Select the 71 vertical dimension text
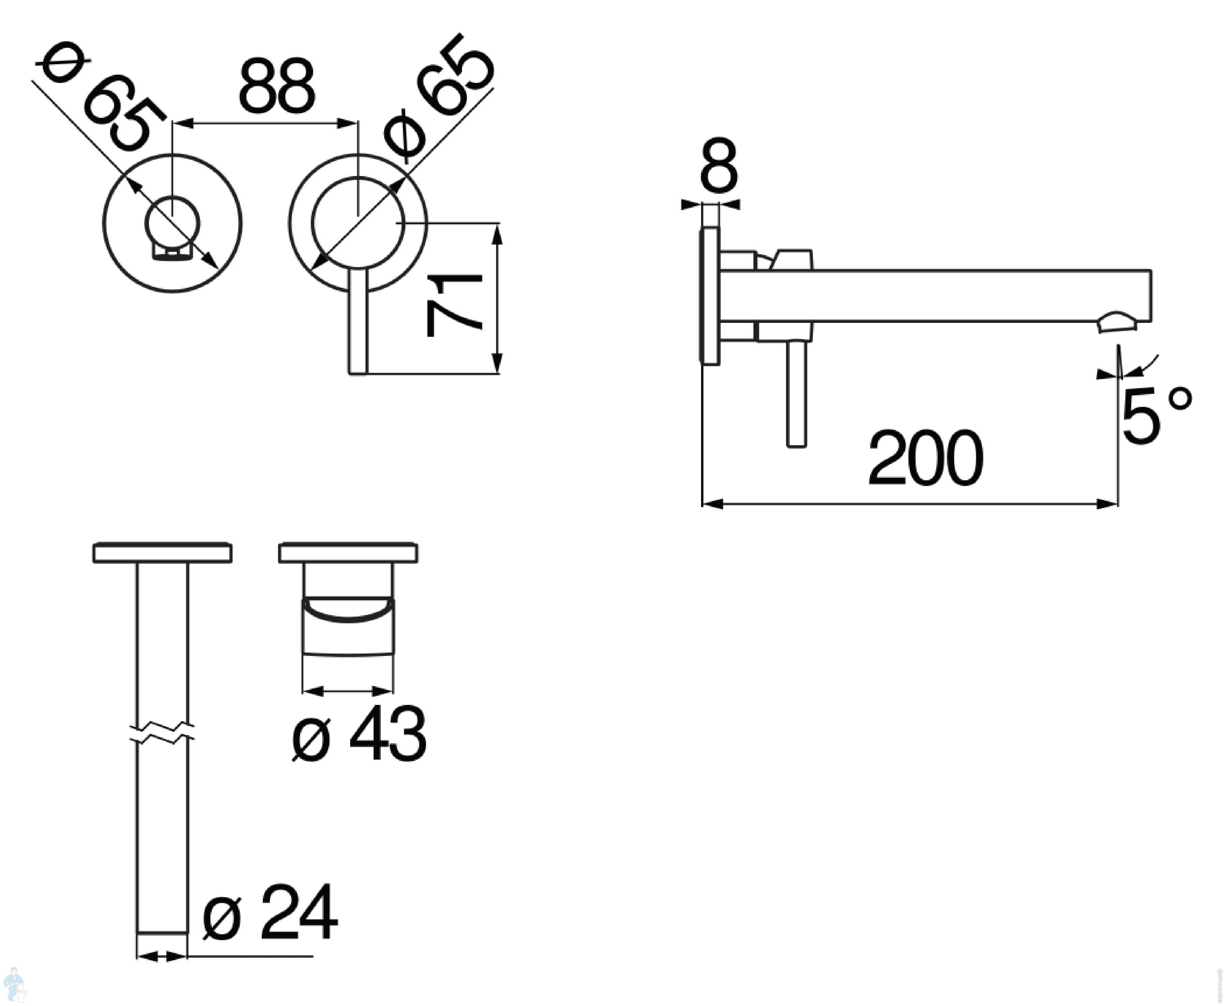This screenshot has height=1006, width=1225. pos(454,306)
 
